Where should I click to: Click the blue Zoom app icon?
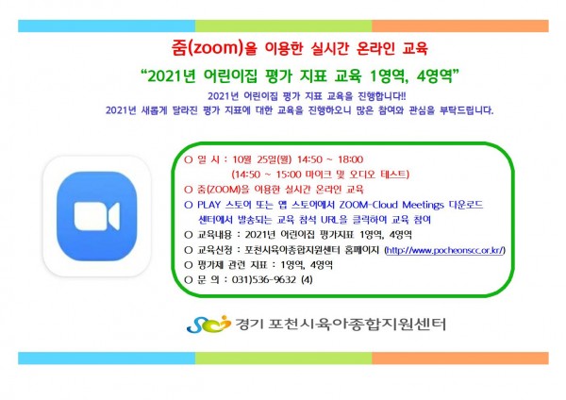click(97, 216)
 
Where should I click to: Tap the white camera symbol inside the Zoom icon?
click(97, 216)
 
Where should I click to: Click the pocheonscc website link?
click(444, 250)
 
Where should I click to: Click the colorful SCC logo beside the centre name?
click(208, 324)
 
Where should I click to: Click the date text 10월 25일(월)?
click(261, 159)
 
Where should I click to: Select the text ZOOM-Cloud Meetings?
click(391, 205)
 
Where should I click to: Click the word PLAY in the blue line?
click(208, 205)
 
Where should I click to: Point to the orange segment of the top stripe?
click(460, 26)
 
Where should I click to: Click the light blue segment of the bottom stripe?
click(107, 358)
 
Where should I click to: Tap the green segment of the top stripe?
click(283, 26)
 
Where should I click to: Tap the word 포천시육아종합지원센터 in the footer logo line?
click(357, 324)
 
